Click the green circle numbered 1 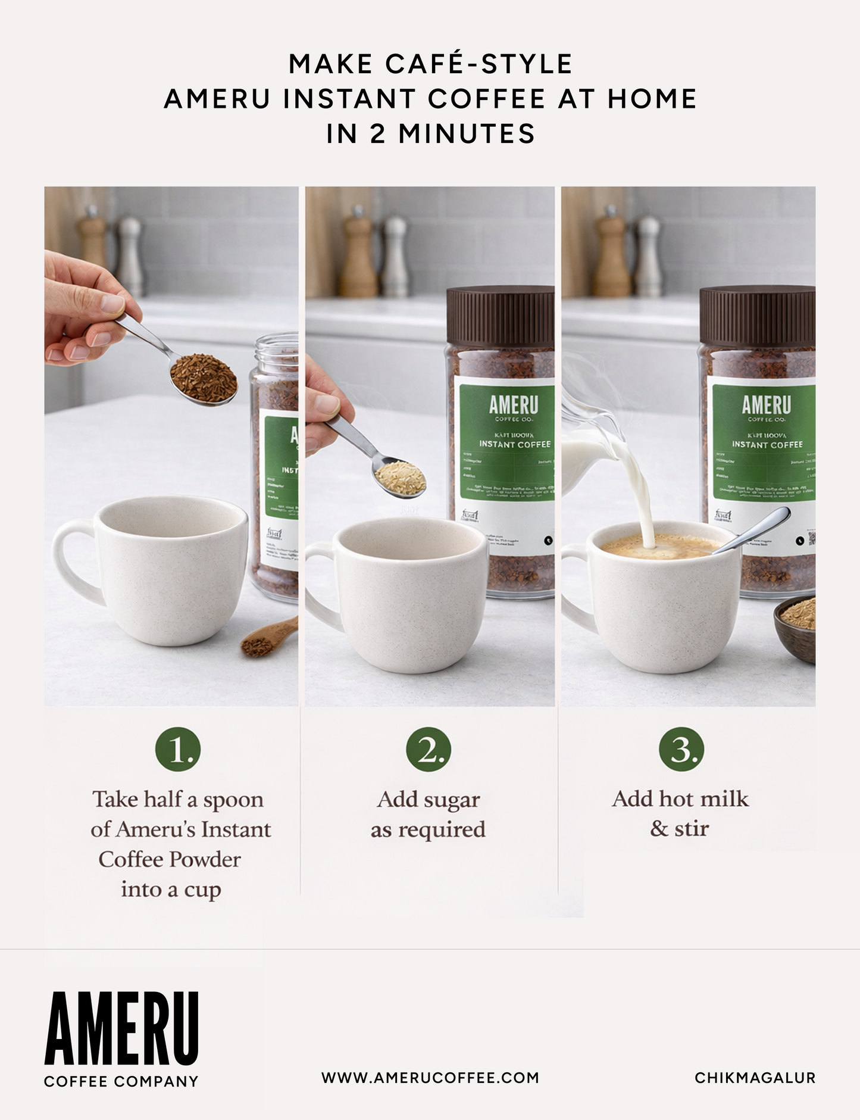coord(178,749)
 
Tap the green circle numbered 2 coord(429,749)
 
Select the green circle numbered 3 coord(681,749)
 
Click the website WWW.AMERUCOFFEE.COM coord(430,1078)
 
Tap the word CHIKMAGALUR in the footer coord(755,1078)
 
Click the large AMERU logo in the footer coord(121,1029)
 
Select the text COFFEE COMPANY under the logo coord(121,1081)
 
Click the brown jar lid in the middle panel coord(500,316)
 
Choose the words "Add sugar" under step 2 coord(429,800)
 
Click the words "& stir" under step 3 coord(680,828)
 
